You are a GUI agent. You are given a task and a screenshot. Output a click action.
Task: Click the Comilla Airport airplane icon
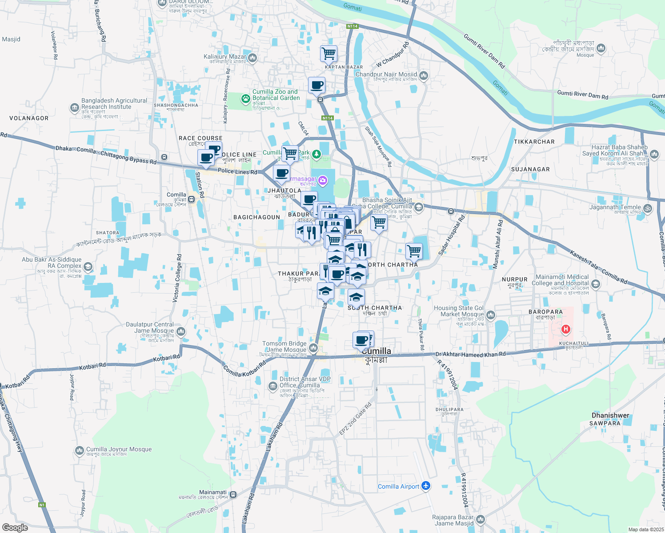click(x=426, y=486)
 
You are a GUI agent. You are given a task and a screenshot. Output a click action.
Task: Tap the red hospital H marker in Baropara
click(x=565, y=329)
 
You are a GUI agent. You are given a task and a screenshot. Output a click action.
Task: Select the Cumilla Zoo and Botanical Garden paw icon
click(x=245, y=99)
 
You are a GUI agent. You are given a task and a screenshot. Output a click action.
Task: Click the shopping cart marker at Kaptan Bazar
click(x=328, y=54)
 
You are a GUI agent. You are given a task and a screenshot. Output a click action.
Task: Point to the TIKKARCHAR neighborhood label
click(x=534, y=142)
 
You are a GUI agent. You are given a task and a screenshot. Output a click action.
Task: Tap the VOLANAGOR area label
click(x=29, y=118)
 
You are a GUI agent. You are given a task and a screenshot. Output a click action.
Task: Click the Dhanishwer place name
click(x=610, y=415)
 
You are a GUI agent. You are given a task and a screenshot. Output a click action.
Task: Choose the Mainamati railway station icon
click(x=233, y=494)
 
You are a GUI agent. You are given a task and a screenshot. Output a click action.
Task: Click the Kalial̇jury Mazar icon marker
click(x=252, y=57)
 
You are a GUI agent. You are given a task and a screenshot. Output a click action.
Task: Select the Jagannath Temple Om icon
click(x=648, y=207)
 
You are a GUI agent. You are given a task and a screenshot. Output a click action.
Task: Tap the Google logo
click(x=15, y=528)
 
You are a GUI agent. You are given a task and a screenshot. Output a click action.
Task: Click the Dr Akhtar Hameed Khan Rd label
click(x=470, y=354)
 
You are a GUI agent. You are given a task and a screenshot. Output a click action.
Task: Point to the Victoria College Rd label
click(x=176, y=278)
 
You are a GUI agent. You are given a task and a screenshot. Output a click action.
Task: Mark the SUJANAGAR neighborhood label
click(x=530, y=169)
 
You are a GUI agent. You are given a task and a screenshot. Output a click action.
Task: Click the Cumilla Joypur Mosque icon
click(x=80, y=450)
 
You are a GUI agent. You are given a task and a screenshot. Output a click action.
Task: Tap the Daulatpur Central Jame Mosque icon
click(x=180, y=331)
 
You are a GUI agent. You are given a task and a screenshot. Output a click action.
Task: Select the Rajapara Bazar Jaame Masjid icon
click(x=480, y=520)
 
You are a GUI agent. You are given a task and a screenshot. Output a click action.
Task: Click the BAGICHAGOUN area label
click(x=256, y=217)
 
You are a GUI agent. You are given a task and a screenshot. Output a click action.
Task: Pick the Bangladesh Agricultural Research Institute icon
click(x=75, y=107)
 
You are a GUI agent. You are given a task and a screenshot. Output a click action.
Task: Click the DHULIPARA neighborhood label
click(x=449, y=410)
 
